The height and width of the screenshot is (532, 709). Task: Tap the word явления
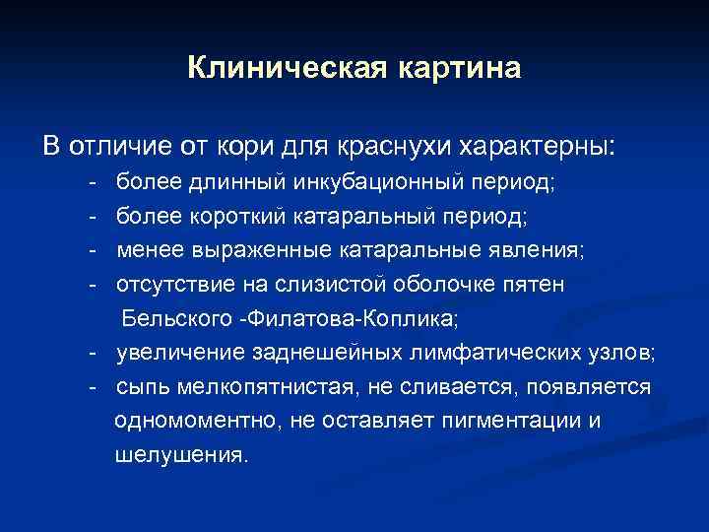click(536, 250)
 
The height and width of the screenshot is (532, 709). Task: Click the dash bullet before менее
click(92, 250)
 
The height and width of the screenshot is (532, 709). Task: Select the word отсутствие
click(171, 285)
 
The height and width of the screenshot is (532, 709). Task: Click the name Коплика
click(419, 319)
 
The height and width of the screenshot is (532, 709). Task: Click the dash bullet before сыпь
click(92, 387)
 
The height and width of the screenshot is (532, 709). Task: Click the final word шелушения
click(181, 456)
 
